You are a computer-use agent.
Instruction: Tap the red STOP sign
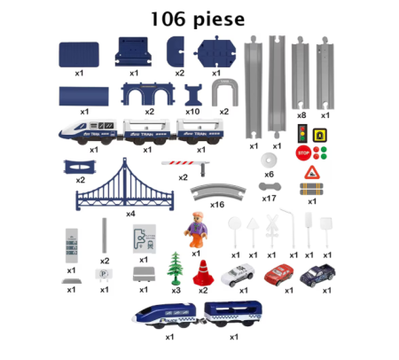click(x=301, y=152)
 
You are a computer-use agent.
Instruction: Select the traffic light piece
click(x=301, y=134)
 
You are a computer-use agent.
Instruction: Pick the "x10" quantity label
click(x=192, y=113)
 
